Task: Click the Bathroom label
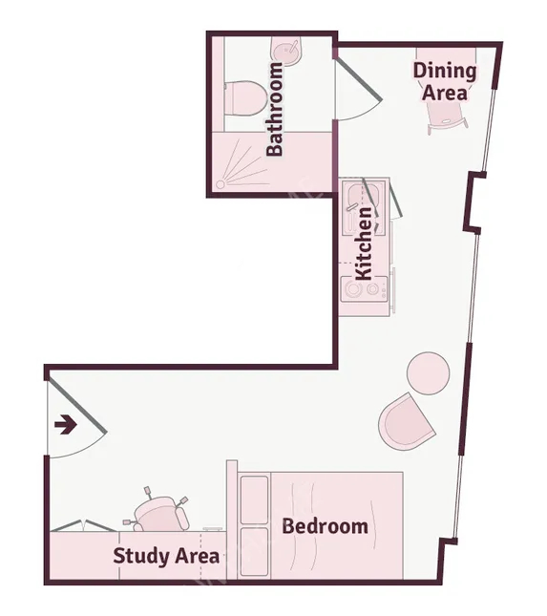click(x=274, y=109)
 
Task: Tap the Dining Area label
click(x=445, y=82)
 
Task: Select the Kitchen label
click(x=363, y=244)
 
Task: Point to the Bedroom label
click(x=326, y=526)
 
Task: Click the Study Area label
click(x=166, y=556)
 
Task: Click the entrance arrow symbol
click(x=66, y=425)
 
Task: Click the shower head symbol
click(x=221, y=184)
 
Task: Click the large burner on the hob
click(x=351, y=289)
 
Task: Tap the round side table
click(x=428, y=372)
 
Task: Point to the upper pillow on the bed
click(x=254, y=500)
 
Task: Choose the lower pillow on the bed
click(x=254, y=552)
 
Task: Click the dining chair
click(x=448, y=117)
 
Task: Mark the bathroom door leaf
click(x=358, y=78)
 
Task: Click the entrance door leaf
click(x=75, y=406)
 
